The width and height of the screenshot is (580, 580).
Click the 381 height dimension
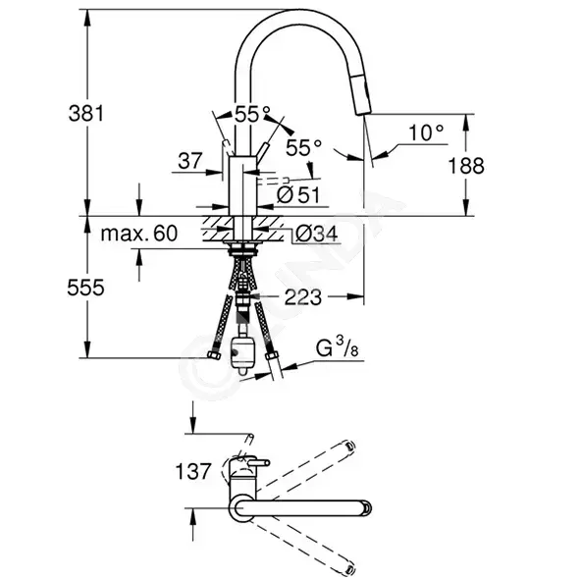(86, 113)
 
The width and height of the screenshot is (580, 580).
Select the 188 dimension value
(466, 165)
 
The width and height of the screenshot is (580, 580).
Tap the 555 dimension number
(85, 288)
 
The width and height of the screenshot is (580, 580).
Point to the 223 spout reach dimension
(303, 296)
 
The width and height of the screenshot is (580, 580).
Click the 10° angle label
(426, 132)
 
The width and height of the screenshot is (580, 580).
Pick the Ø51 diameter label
(297, 194)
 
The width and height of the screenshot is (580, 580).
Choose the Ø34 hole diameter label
(317, 234)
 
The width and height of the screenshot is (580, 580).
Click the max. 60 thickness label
(139, 234)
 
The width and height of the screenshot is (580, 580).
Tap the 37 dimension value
(190, 161)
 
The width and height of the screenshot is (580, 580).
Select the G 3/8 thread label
(337, 347)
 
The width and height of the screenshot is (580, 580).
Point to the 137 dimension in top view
(193, 471)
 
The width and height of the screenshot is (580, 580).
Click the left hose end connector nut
(214, 355)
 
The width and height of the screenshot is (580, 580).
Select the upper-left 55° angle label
(252, 114)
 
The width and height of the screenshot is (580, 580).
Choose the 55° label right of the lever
(303, 148)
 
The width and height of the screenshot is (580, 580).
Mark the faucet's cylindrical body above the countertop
(241, 185)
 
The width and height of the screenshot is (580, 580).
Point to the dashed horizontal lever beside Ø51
(272, 181)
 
